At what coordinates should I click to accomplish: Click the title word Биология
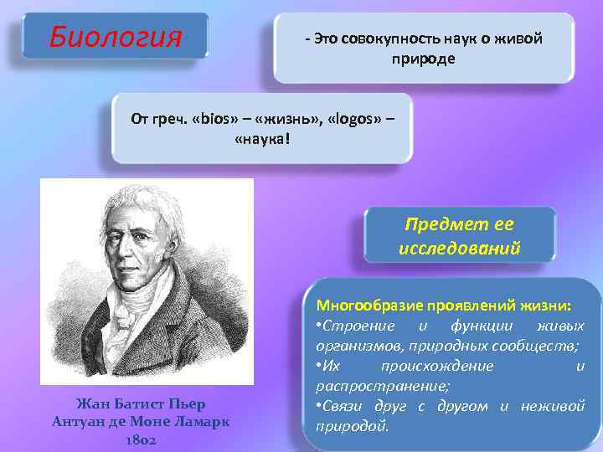point(115,37)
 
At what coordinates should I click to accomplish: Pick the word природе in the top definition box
point(423,59)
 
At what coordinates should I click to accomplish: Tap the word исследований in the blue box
point(460,249)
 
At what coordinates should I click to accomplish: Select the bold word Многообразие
point(365,305)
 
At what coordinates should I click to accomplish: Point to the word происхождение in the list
point(436,366)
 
